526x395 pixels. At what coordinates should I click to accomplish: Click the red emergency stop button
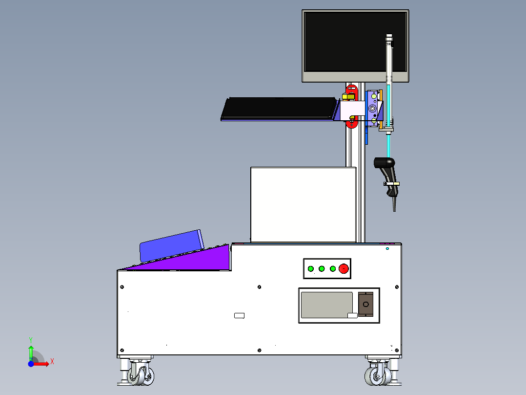coord(344,268)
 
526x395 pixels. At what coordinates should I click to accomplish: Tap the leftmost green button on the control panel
coord(310,268)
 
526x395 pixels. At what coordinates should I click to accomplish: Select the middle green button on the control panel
coord(322,268)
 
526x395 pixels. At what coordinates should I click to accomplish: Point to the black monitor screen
coord(355,41)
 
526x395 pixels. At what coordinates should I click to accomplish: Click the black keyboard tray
coord(278,108)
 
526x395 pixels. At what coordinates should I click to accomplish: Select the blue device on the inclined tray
coord(171,245)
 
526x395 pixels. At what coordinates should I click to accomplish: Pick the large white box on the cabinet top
coord(303,204)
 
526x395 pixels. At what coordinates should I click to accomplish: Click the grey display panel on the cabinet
coord(326,305)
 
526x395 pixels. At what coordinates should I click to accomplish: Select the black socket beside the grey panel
coord(365,305)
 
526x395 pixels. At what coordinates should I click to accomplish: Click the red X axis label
coord(52,362)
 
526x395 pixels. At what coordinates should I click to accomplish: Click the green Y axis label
coord(31,339)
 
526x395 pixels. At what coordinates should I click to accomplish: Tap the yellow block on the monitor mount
coord(348,97)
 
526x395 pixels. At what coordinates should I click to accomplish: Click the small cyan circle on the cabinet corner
coord(387,249)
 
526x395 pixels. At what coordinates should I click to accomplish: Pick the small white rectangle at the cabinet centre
coord(239,315)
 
